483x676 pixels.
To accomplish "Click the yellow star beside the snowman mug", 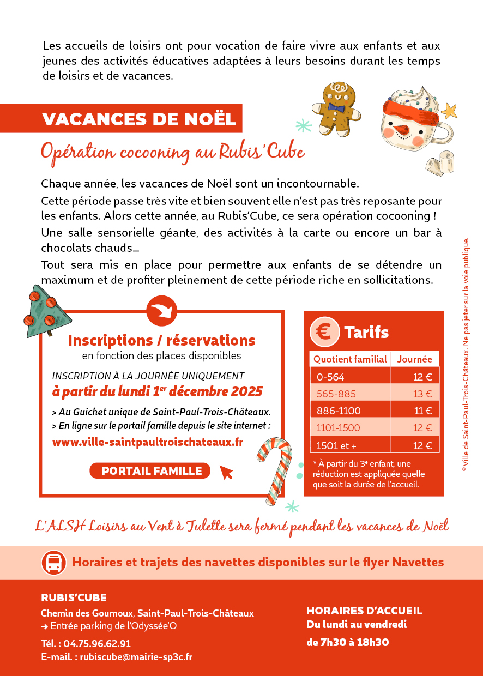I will click(449, 112).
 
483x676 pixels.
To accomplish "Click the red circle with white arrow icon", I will click(162, 311).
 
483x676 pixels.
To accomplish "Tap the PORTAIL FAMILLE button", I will click(152, 470).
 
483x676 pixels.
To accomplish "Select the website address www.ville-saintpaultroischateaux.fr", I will click(147, 442).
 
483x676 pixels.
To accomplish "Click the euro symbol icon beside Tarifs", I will click(324, 332).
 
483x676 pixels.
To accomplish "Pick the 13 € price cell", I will click(421, 394).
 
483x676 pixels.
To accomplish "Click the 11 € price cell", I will click(422, 411).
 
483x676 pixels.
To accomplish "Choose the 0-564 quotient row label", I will click(330, 377).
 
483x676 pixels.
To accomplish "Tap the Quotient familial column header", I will click(350, 359).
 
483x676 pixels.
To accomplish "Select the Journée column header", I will click(414, 359).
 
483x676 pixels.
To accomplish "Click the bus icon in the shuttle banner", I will click(53, 562).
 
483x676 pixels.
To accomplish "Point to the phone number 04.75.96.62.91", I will click(97, 643).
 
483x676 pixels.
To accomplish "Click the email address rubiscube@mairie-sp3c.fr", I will click(136, 657).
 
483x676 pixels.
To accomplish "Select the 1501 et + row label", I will click(336, 445).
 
